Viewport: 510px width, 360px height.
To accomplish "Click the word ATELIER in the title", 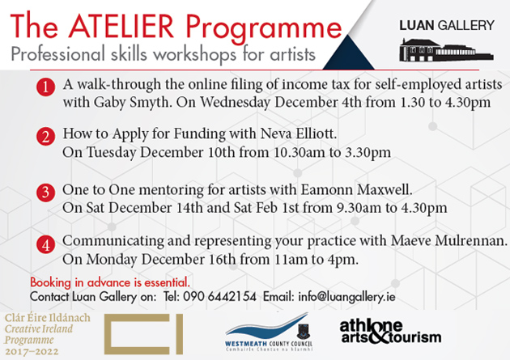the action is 121,27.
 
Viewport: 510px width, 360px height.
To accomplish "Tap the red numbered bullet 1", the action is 45,87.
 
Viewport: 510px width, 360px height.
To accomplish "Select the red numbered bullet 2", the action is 45,136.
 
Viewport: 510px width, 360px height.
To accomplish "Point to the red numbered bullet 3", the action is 45,193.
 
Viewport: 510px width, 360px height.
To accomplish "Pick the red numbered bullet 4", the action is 45,244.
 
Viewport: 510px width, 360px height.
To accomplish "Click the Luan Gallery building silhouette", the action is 446,50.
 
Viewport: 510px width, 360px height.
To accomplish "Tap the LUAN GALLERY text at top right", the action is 447,25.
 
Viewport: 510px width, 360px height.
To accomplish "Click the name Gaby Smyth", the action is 133,103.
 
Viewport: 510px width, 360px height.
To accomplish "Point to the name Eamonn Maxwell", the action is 356,190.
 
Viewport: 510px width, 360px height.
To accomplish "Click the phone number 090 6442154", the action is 219,297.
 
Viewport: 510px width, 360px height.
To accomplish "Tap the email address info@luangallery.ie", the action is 346,297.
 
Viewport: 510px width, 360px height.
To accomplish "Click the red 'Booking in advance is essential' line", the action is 110,282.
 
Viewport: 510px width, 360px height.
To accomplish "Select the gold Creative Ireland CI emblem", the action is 143,334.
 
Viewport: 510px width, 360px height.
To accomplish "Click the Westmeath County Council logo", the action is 269,332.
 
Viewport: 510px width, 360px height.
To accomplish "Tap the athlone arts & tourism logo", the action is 390,332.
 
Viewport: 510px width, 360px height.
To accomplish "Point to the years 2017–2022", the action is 32,352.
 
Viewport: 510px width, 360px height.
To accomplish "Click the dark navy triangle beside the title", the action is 348,53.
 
